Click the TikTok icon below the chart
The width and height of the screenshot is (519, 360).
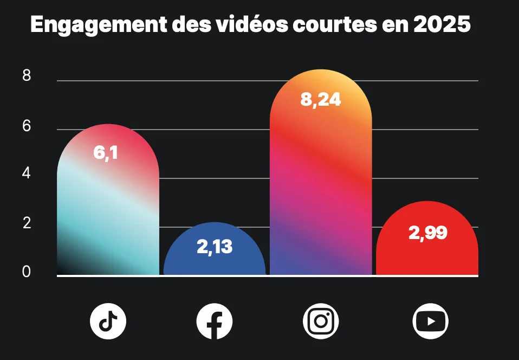[x=108, y=322]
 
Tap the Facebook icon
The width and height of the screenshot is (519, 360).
[x=214, y=322]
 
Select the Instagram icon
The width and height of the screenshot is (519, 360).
[x=320, y=322]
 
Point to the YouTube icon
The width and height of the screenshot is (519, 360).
[x=431, y=322]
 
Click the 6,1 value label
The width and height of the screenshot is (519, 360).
[x=105, y=153]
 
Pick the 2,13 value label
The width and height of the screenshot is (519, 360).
[x=214, y=247]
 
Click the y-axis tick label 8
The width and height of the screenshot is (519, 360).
[x=27, y=76]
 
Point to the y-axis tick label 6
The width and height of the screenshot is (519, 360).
[x=27, y=126]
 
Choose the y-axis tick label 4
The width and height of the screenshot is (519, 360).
[x=27, y=175]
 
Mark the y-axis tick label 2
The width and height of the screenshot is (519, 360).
[x=27, y=223]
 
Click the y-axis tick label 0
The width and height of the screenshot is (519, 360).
[x=27, y=272]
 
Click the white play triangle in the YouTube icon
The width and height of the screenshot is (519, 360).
[x=431, y=322]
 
